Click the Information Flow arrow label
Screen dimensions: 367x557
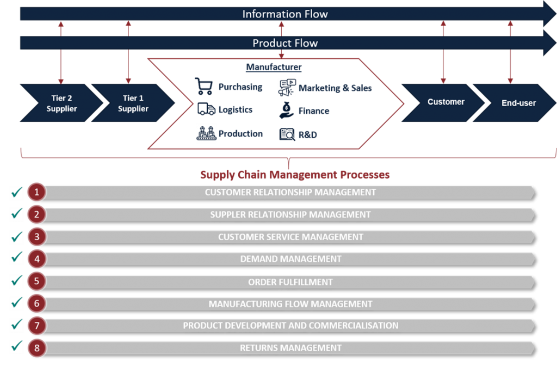(x=285, y=14)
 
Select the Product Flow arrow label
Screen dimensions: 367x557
(x=285, y=43)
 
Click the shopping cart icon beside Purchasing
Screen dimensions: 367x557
(x=204, y=87)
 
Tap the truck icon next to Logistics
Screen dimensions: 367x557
(x=206, y=109)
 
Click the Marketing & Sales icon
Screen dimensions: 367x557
(x=287, y=88)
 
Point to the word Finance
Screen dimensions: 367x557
(x=314, y=111)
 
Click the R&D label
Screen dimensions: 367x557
(x=307, y=134)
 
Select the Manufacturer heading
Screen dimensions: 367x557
(x=274, y=68)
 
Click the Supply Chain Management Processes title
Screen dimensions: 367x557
(x=294, y=175)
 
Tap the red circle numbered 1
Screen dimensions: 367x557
(x=36, y=192)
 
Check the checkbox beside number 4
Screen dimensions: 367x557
(x=17, y=258)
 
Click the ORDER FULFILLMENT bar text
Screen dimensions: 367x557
(x=290, y=282)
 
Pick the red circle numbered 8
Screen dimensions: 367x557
(x=36, y=347)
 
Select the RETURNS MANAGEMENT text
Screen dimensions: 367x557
(x=290, y=348)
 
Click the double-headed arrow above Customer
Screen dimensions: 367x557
(x=443, y=52)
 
